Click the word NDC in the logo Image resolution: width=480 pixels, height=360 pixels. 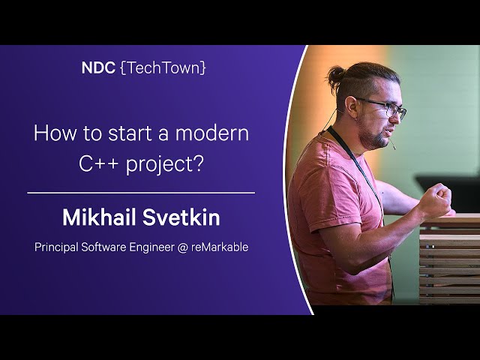98,68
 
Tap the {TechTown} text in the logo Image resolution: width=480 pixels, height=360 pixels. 163,68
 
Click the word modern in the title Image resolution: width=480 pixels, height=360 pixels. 212,133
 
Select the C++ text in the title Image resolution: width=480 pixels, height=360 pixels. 98,163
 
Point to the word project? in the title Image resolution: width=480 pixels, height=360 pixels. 165,165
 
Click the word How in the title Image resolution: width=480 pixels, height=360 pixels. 55,133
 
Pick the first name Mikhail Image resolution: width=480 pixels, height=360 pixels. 99,217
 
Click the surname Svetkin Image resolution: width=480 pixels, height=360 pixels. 181,217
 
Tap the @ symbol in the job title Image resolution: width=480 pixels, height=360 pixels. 182,247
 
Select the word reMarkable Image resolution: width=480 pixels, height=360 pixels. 220,247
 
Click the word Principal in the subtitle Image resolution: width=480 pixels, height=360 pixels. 56,247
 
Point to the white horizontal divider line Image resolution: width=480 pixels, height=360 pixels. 141,193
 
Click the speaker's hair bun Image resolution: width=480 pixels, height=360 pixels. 336,76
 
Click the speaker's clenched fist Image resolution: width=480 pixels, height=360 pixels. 436,200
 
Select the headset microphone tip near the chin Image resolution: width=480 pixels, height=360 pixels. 394,148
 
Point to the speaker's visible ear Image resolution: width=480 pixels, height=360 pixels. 352,107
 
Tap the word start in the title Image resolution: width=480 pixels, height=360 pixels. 133,133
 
